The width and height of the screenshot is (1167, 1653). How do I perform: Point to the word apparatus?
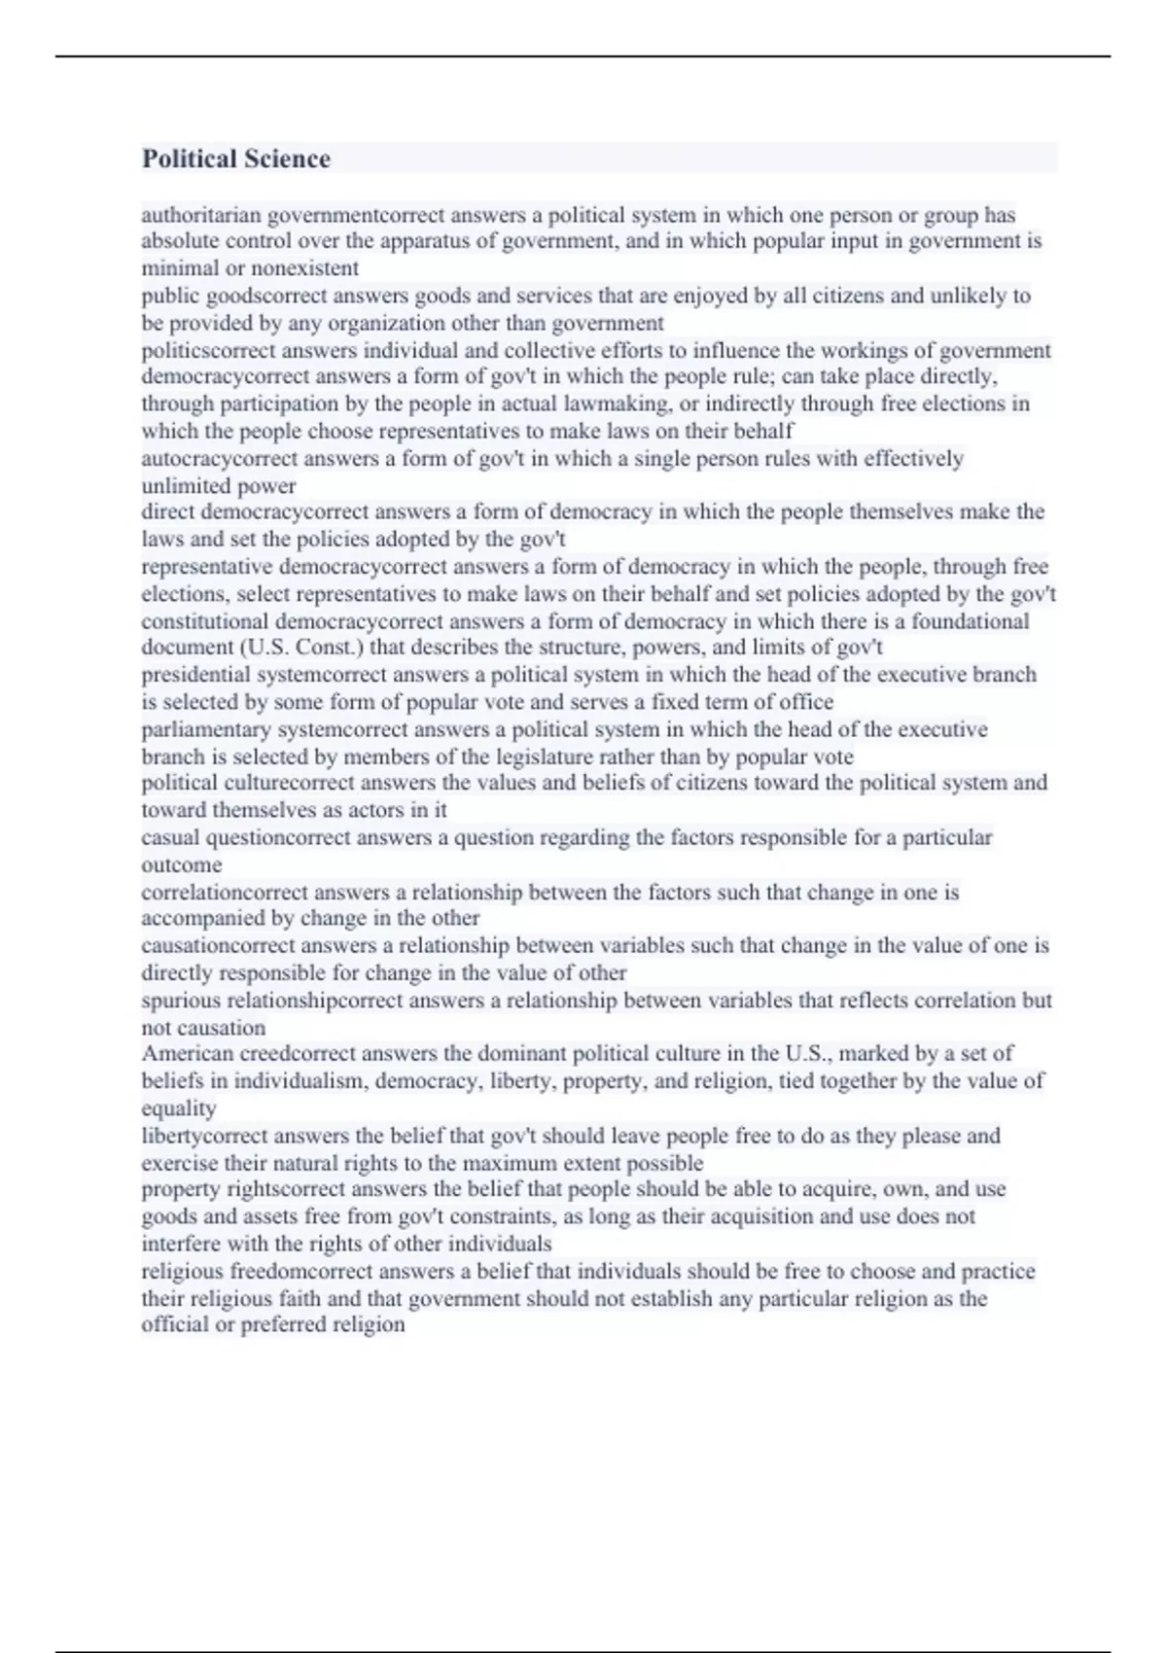pyautogui.click(x=425, y=241)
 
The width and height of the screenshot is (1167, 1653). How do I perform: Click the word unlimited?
pyautogui.click(x=183, y=485)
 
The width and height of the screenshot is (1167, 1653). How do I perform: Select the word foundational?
pyautogui.click(x=958, y=621)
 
